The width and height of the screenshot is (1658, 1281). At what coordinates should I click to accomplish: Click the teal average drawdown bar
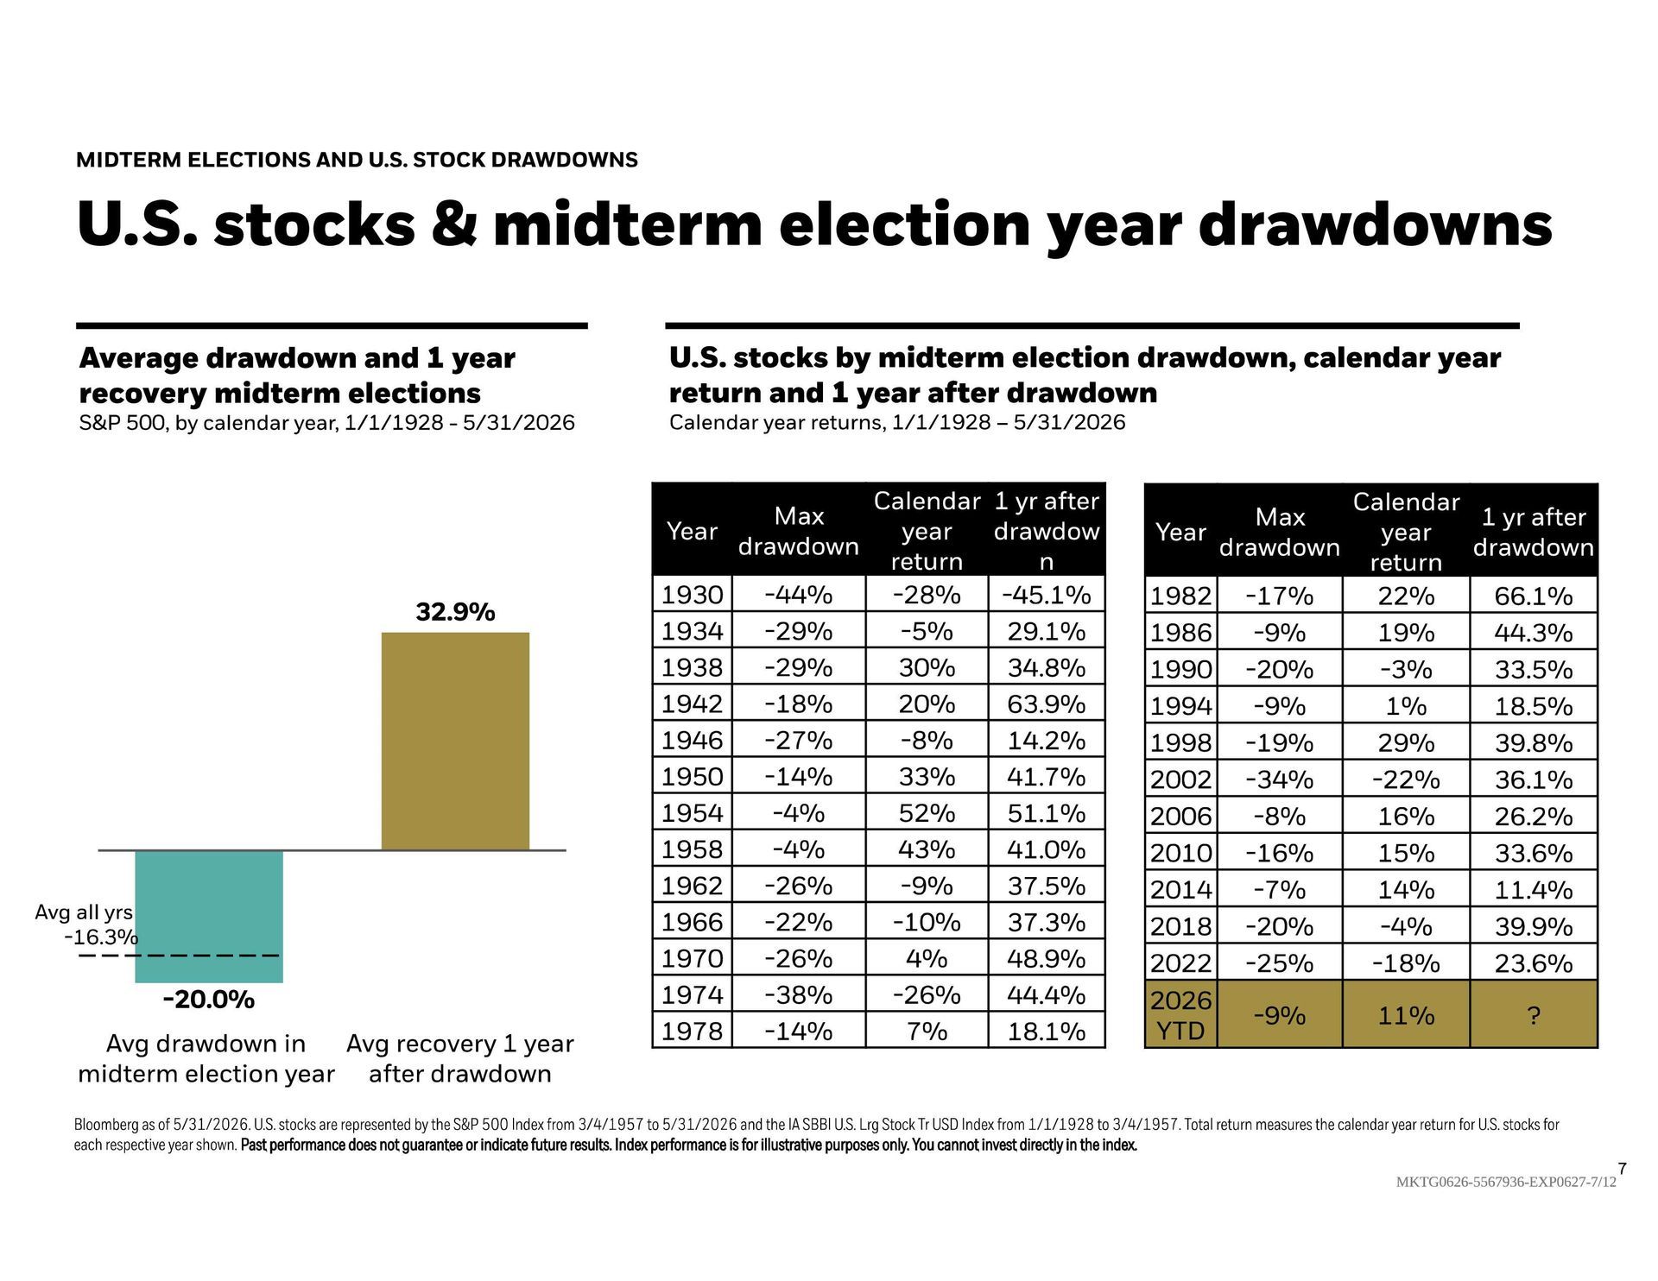[209, 916]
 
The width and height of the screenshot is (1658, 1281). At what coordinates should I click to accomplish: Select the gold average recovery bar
[455, 741]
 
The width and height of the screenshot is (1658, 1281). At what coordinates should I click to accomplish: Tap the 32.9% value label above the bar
[455, 612]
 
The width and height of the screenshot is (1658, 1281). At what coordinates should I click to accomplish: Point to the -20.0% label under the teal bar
[209, 1000]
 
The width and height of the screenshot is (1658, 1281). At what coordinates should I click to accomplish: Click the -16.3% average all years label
[101, 937]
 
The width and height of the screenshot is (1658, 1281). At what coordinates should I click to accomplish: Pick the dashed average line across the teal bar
[179, 956]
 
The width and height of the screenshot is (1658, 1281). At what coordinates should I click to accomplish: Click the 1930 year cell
[692, 595]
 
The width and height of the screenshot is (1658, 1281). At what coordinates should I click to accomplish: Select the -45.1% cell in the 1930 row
[1046, 595]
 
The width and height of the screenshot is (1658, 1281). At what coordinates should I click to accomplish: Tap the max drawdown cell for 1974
[799, 994]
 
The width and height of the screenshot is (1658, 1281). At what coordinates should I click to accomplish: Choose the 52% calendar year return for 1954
[927, 813]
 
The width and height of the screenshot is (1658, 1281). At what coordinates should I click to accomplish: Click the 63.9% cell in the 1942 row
[1046, 704]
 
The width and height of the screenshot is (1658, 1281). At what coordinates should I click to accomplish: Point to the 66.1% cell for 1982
[1534, 596]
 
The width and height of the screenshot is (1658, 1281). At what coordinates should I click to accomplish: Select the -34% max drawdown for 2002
[1279, 779]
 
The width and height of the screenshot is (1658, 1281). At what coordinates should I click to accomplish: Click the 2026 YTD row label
[1180, 1015]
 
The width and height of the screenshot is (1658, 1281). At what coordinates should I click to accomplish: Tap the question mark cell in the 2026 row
[1534, 1015]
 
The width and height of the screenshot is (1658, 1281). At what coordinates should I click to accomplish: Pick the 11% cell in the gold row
[1406, 1015]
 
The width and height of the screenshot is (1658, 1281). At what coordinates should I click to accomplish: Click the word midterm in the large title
[628, 224]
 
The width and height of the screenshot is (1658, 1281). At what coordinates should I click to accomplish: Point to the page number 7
[1622, 1169]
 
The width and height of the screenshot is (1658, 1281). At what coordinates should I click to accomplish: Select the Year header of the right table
[1180, 532]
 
